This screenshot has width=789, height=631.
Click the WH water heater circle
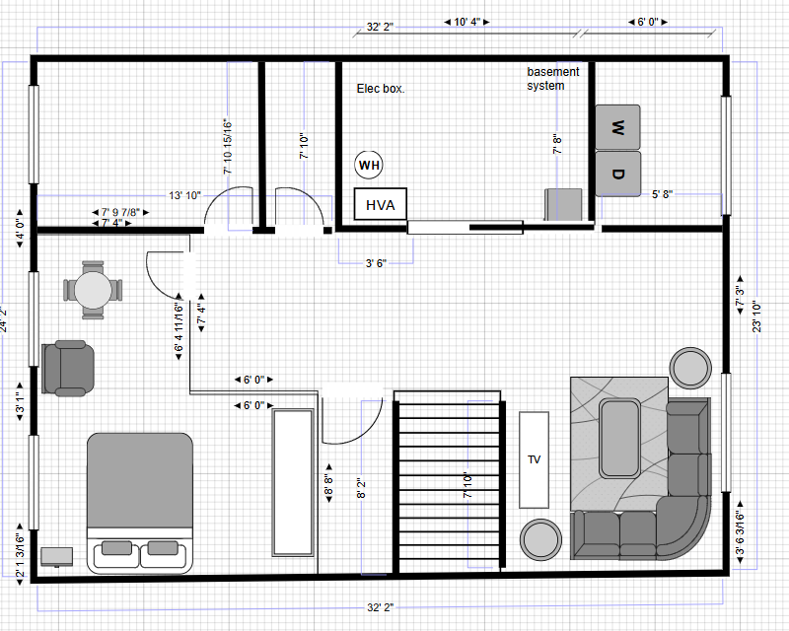pyautogui.click(x=369, y=165)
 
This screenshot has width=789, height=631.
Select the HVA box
pyautogui.click(x=380, y=205)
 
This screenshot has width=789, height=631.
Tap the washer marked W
pyautogui.click(x=617, y=127)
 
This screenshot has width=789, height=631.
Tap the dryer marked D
pyautogui.click(x=617, y=174)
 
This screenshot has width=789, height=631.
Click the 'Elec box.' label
pyautogui.click(x=381, y=89)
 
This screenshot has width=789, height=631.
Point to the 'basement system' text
pyautogui.click(x=552, y=79)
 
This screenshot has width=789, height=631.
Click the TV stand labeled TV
pyautogui.click(x=534, y=458)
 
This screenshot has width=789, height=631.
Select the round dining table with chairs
pyautogui.click(x=94, y=290)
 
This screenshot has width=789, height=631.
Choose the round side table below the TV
pyautogui.click(x=540, y=539)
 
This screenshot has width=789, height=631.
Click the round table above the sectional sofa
pyautogui.click(x=690, y=367)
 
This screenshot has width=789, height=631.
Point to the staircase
pyautogui.click(x=450, y=481)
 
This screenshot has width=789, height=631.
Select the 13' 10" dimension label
pyautogui.click(x=184, y=196)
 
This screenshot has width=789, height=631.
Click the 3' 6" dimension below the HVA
pyautogui.click(x=375, y=263)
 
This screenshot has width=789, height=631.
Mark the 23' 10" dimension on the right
pyautogui.click(x=756, y=317)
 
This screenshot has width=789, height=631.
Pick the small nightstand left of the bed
pyautogui.click(x=57, y=557)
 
